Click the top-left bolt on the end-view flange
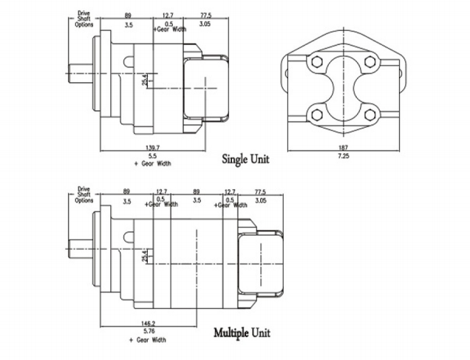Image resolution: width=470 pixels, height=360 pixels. tap(317, 63)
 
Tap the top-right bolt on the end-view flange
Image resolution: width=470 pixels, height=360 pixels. tap(369, 63)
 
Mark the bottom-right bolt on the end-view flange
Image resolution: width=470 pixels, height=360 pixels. tap(369, 113)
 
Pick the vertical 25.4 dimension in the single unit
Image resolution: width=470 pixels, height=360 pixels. tap(145, 79)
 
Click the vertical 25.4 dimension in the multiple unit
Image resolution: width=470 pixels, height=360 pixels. tap(145, 255)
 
